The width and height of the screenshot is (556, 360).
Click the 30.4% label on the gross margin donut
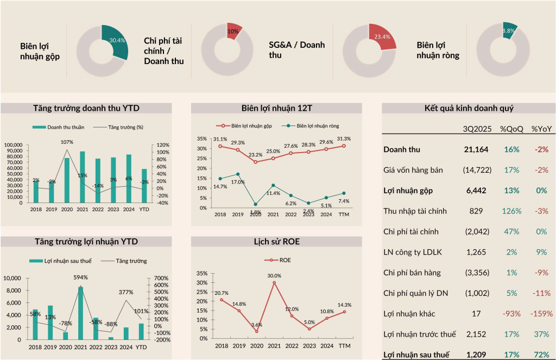tap(117, 40)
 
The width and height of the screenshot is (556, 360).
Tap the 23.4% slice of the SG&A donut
tap(382, 37)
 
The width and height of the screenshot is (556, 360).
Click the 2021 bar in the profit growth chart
tap(81, 313)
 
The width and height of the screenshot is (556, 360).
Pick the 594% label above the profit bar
tap(81, 277)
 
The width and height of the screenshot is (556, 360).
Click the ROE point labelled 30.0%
tap(274, 282)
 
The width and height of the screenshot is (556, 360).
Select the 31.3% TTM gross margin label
tap(344, 138)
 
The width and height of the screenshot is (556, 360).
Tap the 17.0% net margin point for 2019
tap(238, 174)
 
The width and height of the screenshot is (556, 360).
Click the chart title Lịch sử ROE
tap(276, 242)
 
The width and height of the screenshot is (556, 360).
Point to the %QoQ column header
tap(511, 129)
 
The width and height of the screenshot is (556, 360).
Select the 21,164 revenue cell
tap(477, 149)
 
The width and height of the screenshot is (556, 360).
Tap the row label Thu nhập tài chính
tap(415, 211)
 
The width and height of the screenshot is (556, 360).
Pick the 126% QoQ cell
tap(511, 211)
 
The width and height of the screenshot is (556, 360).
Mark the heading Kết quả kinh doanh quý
tap(469, 108)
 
